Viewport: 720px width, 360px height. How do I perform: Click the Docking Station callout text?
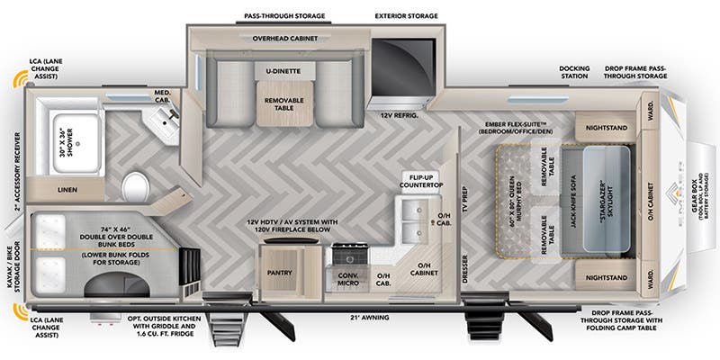(573, 73)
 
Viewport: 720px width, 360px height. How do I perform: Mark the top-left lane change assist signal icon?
(15, 81)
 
